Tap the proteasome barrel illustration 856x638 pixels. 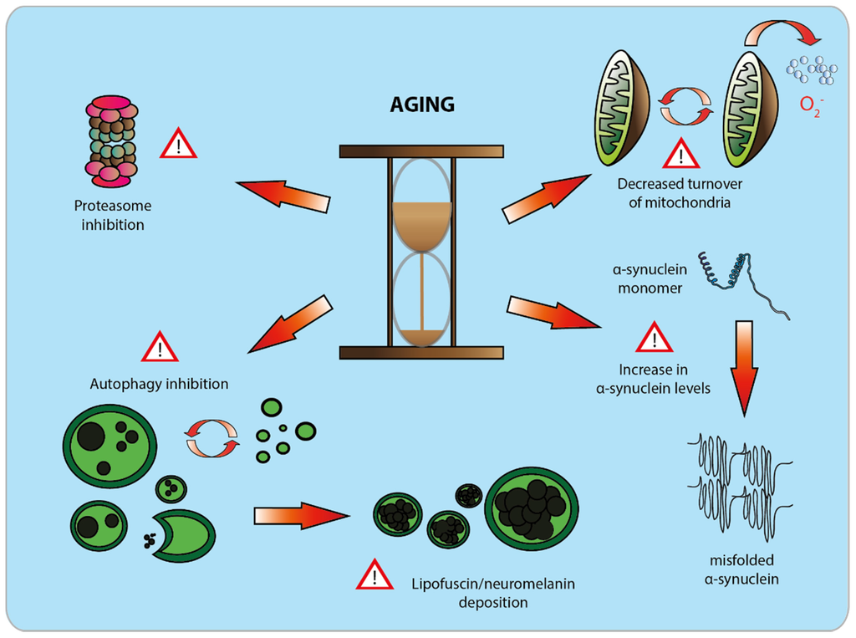(x=111, y=140)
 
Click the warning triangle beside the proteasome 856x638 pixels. (x=177, y=145)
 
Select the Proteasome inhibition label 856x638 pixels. (x=113, y=215)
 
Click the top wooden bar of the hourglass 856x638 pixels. (x=421, y=151)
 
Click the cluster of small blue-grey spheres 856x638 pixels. (x=812, y=69)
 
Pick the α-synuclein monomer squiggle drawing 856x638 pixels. (x=741, y=284)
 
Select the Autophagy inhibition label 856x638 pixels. (x=159, y=385)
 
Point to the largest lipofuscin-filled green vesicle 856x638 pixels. (x=532, y=508)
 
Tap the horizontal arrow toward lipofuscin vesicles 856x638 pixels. (x=300, y=515)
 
